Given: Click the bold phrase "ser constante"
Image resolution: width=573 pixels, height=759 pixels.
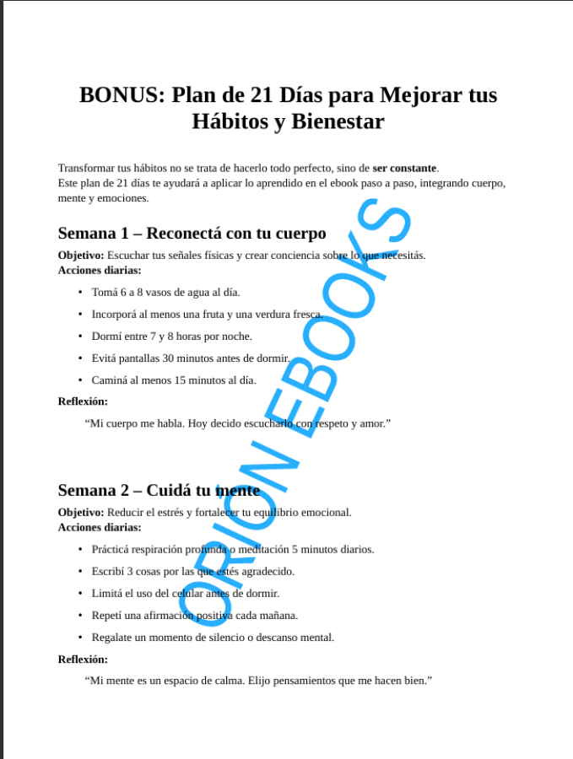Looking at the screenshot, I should coord(405,168).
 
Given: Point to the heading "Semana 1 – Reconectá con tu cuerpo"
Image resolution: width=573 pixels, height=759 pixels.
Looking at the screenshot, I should coord(192,234).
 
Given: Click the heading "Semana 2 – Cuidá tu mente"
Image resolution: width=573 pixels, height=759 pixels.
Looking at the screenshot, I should coord(159,490).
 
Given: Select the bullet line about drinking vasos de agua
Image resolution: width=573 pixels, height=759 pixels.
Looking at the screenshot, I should coord(165,292).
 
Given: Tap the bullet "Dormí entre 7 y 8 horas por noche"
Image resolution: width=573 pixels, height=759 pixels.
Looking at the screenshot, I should coord(171,336).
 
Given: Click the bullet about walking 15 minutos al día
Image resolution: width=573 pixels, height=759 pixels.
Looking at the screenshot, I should coord(173,379).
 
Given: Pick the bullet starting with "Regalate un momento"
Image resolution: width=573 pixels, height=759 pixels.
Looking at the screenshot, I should coord(213,637).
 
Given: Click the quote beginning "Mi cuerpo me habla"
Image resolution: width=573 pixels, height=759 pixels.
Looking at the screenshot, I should coord(238,423).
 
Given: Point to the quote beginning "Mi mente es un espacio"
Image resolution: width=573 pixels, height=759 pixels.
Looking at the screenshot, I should coord(258,681).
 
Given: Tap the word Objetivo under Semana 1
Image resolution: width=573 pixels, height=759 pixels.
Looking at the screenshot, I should coord(81,256).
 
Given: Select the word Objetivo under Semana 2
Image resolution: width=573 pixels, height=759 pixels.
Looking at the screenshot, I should coord(81,512).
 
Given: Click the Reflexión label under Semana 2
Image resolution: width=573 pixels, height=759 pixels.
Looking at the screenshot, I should coord(83,659).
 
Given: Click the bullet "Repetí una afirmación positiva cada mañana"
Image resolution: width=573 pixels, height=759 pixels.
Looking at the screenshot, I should coord(194,615).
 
